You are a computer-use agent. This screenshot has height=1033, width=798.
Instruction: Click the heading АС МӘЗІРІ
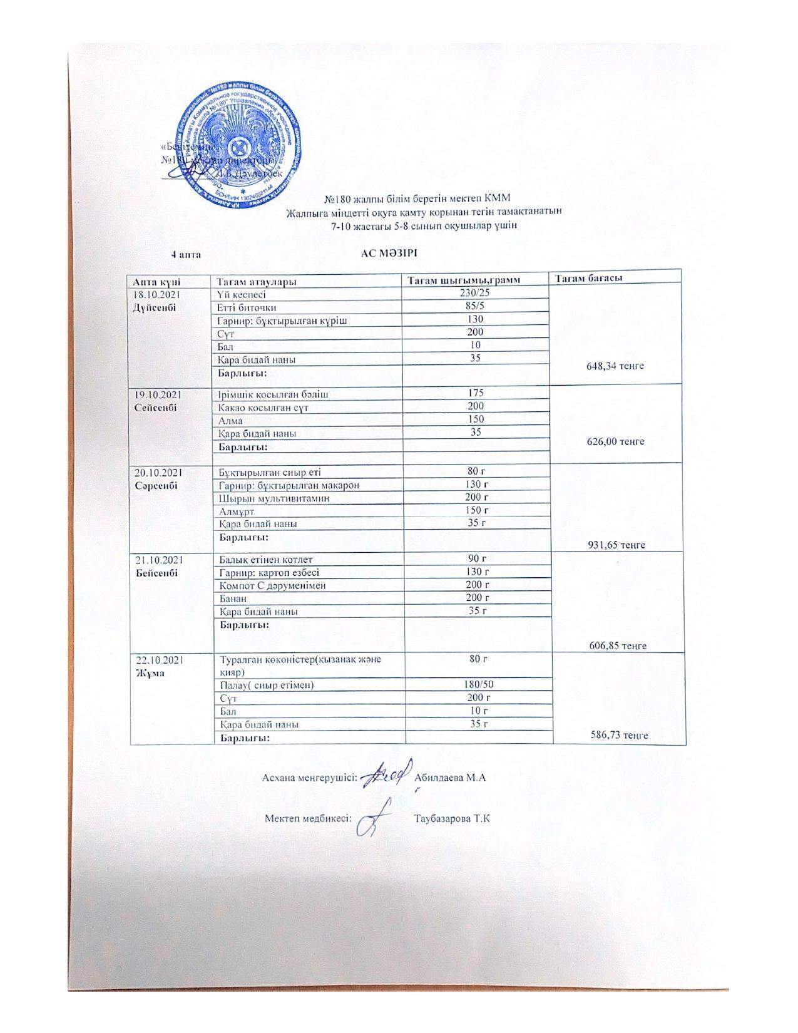click(x=388, y=254)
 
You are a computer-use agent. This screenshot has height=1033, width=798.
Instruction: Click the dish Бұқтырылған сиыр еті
click(x=270, y=472)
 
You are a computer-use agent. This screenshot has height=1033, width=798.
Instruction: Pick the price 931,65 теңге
click(x=616, y=545)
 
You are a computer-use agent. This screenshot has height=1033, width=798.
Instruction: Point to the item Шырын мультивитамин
click(x=274, y=498)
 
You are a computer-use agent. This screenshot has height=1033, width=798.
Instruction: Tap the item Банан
click(x=232, y=599)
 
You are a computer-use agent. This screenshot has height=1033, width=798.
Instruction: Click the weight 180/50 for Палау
click(x=478, y=685)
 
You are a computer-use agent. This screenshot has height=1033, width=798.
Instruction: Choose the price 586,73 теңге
click(x=619, y=735)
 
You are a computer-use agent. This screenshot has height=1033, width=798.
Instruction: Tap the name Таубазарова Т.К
click(x=451, y=818)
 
